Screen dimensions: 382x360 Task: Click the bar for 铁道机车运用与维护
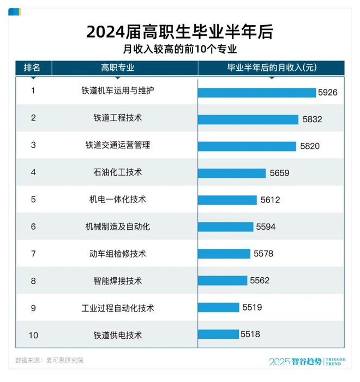pyautogui.click(x=257, y=93)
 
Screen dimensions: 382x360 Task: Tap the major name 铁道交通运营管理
pyautogui.click(x=117, y=145)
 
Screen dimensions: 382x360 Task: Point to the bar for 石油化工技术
pyautogui.click(x=232, y=173)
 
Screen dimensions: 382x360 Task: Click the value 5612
pyautogui.click(x=270, y=200)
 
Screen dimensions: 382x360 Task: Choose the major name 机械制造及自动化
pyautogui.click(x=117, y=226)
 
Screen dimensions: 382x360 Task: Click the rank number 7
pyautogui.click(x=33, y=254)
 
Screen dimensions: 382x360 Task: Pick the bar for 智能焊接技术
pyautogui.click(x=223, y=280)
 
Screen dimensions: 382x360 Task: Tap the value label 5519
pyautogui.click(x=252, y=308)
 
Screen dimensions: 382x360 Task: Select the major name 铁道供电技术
pyautogui.click(x=117, y=335)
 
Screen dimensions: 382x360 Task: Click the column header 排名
pyautogui.click(x=32, y=68)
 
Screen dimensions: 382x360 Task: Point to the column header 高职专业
pyautogui.click(x=117, y=68)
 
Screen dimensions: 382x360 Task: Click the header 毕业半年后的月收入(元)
pyautogui.click(x=271, y=68)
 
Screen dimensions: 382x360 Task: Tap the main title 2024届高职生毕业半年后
pyautogui.click(x=179, y=32)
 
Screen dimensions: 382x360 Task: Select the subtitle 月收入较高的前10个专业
pyautogui.click(x=179, y=50)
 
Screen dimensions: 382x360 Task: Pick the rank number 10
pyautogui.click(x=33, y=335)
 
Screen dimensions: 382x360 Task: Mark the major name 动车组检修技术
pyautogui.click(x=117, y=254)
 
